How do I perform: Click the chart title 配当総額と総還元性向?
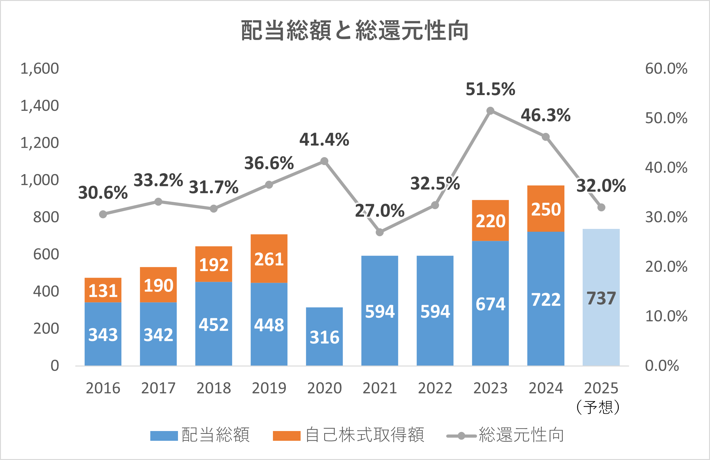355,31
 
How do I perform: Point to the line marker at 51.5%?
490,111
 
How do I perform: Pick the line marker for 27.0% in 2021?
380,232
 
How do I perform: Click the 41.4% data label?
324,139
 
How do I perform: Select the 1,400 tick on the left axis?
40,105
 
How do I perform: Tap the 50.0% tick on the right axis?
666,118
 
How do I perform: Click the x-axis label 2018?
214,388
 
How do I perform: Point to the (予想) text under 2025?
598,407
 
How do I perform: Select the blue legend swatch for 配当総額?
164,436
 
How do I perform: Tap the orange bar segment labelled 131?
103,290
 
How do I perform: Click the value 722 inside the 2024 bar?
546,299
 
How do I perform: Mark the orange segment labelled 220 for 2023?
490,220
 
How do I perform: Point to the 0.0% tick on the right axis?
662,366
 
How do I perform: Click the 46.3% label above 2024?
546,115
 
